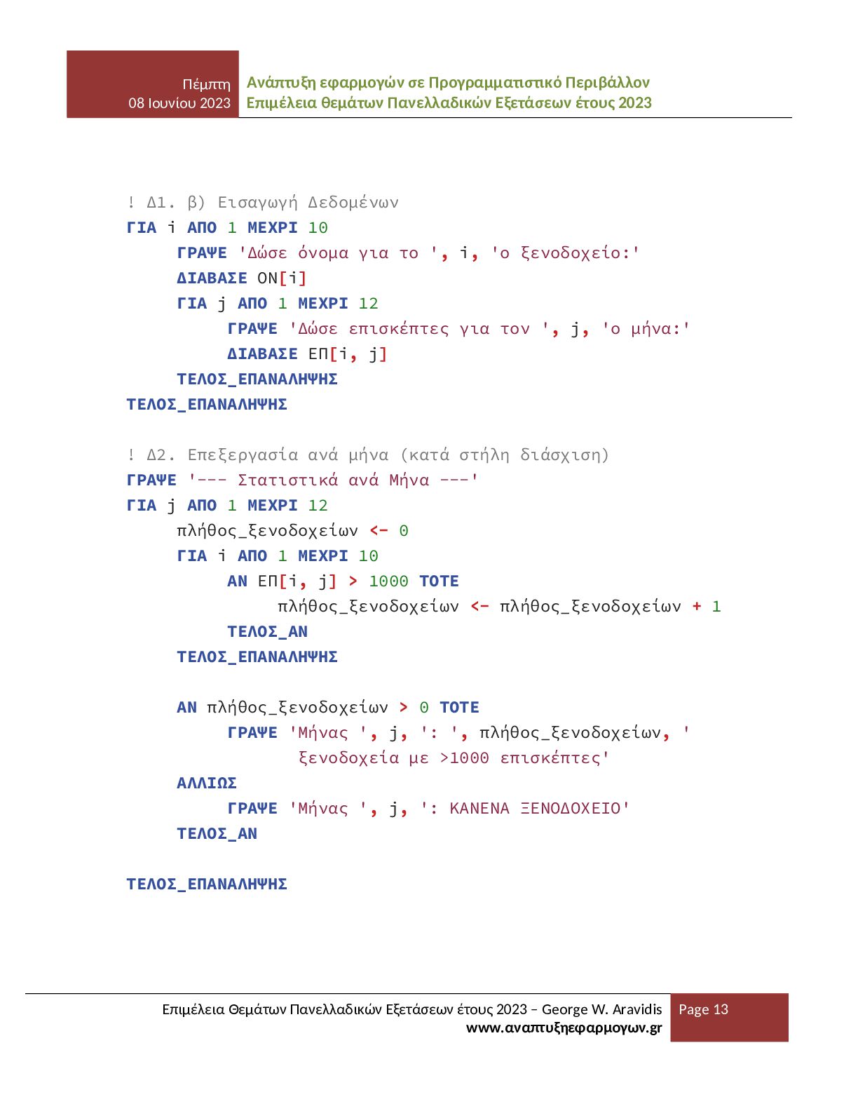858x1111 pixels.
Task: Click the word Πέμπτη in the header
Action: coord(206,84)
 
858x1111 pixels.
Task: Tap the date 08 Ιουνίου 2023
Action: coord(179,103)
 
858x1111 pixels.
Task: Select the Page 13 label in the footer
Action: coord(703,1009)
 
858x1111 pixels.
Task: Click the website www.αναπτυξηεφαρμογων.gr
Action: coord(564,1028)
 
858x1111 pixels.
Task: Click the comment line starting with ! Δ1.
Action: coord(262,203)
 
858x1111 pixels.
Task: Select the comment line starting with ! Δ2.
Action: coord(367,455)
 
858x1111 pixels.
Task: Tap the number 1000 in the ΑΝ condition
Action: coord(388,581)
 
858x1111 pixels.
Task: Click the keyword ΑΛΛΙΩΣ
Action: coord(207,783)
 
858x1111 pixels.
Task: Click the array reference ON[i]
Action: coord(282,278)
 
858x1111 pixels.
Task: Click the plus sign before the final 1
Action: coord(697,607)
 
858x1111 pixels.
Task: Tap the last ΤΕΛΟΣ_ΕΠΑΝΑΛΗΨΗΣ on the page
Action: coord(207,884)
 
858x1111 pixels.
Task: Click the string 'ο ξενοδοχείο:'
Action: coord(565,253)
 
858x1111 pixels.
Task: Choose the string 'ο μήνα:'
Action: coord(646,329)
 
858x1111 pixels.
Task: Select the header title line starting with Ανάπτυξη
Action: coord(448,83)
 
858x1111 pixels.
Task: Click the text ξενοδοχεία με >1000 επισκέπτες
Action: coord(454,758)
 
